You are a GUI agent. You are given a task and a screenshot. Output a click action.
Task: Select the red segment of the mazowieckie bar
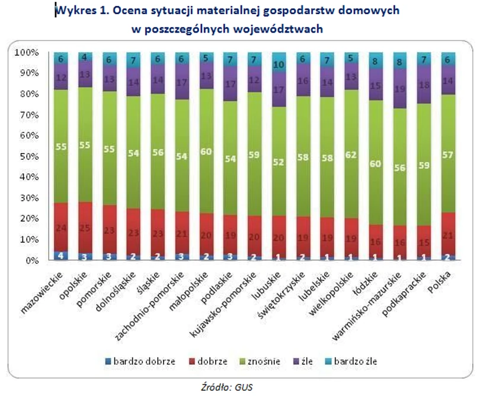pos(62,227)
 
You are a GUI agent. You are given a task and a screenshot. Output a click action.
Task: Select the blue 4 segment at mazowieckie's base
pos(62,256)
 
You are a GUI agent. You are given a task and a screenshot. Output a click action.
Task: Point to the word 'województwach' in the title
pos(284,28)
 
